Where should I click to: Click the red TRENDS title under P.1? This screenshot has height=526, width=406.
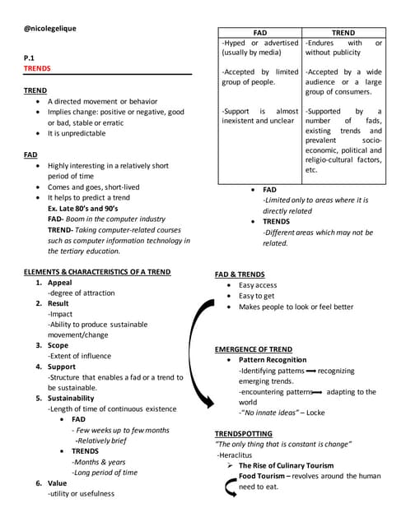[x=37, y=69]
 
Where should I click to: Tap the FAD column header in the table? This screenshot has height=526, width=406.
[x=259, y=32]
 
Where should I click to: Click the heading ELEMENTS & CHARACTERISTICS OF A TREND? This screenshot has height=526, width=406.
[x=97, y=271]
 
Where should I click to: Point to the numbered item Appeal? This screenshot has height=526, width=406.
[x=60, y=282]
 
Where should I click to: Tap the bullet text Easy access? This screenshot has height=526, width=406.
[x=258, y=285]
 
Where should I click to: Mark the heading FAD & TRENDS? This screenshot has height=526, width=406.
[x=240, y=274]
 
